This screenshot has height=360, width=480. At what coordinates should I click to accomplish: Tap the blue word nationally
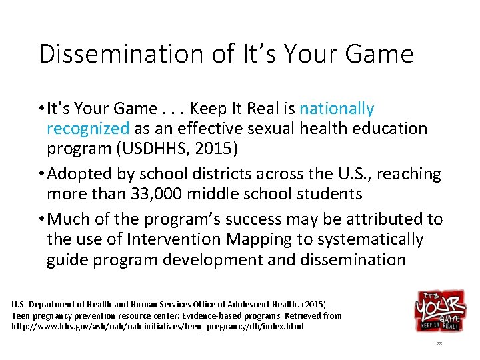(337, 109)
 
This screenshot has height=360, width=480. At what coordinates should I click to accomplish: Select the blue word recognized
(88, 129)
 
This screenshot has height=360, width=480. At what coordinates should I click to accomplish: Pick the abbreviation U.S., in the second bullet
(340, 175)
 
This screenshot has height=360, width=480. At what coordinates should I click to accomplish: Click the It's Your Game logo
(439, 311)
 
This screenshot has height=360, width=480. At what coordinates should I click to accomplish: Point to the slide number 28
(439, 343)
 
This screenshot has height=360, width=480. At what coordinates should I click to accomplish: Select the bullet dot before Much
(42, 219)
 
